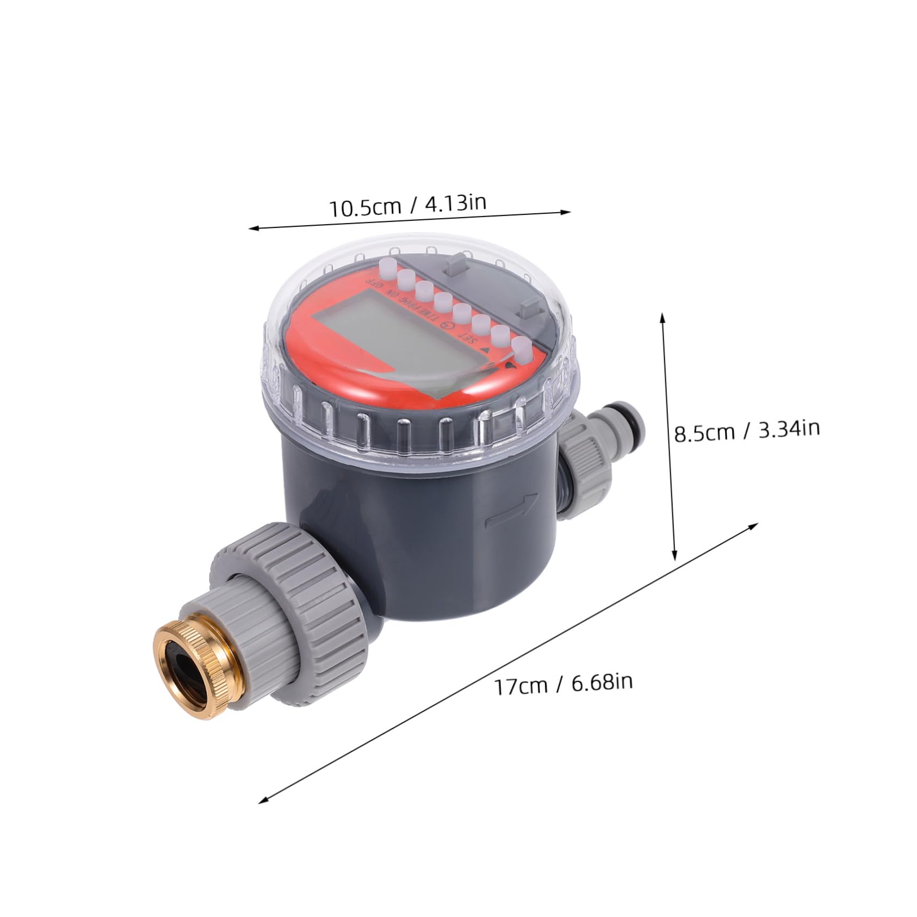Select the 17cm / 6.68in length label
[x=563, y=683]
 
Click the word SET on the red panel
[x=468, y=339]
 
